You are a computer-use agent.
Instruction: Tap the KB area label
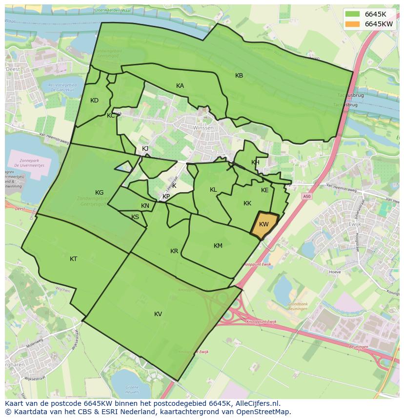point(239,76)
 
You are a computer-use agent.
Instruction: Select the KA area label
point(180,86)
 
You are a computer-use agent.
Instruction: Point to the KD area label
point(94,100)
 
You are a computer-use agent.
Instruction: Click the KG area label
point(99,193)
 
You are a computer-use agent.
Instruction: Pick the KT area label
point(73,259)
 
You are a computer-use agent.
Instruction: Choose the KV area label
point(158,314)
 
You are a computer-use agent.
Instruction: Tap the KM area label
point(218,246)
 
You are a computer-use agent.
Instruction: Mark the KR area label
point(174,251)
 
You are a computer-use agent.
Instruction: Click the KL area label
point(213,190)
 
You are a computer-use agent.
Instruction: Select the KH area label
point(255,162)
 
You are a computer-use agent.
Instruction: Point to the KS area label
point(135,217)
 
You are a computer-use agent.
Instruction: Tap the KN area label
point(145,206)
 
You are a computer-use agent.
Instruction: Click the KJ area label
point(145,149)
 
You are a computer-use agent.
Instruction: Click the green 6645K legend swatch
point(352,14)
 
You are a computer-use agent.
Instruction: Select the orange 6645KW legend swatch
point(352,24)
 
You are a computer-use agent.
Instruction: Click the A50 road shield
point(306,196)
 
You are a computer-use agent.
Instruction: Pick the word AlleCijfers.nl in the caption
point(256,403)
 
